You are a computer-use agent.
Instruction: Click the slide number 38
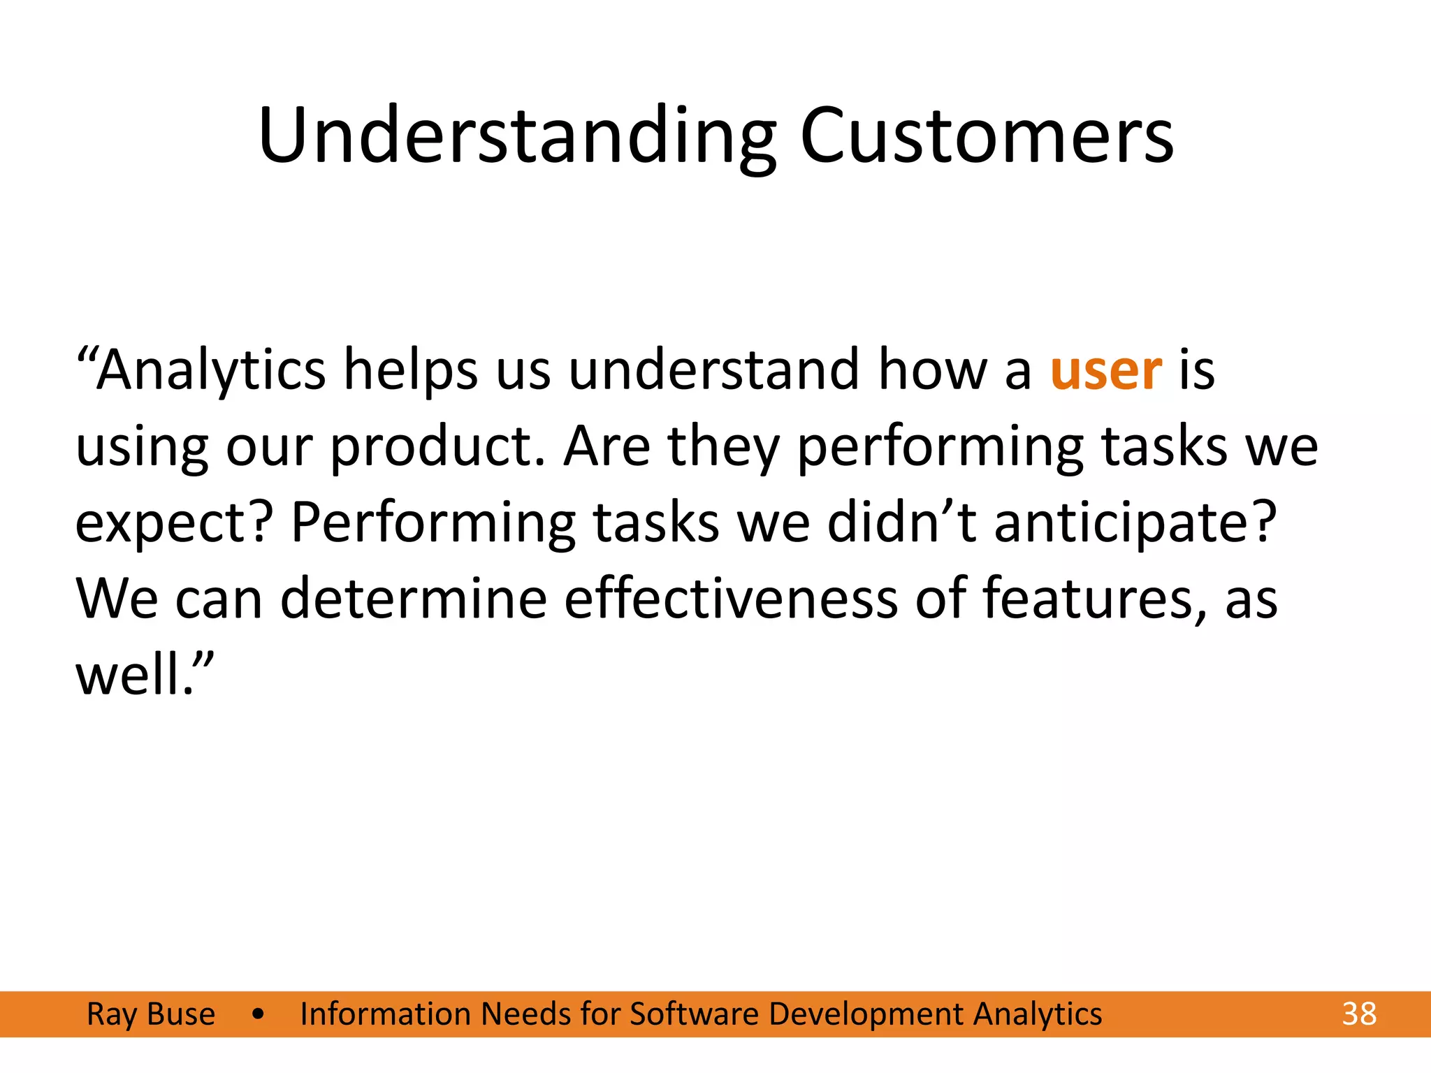(x=1359, y=1014)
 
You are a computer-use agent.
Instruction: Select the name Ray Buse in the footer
(x=151, y=1014)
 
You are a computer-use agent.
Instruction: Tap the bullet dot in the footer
(x=259, y=1014)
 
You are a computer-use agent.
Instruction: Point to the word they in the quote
(x=723, y=447)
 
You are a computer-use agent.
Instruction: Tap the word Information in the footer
(x=384, y=1014)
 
